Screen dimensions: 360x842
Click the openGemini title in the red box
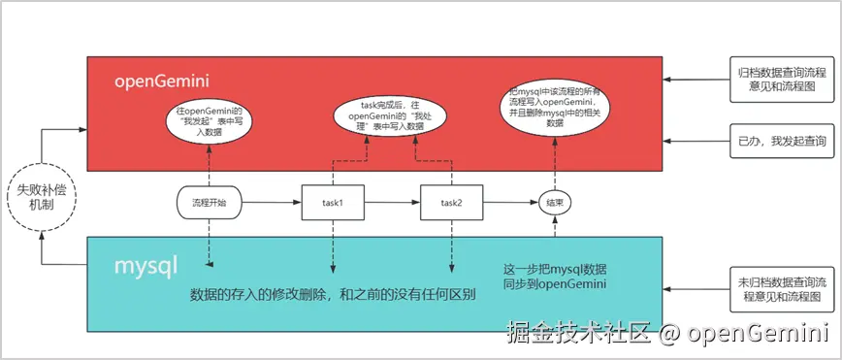pyautogui.click(x=162, y=80)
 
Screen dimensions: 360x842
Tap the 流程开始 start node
pyautogui.click(x=209, y=203)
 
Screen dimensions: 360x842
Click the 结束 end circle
pyautogui.click(x=554, y=203)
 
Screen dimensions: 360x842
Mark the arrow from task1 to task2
pyautogui.click(x=392, y=203)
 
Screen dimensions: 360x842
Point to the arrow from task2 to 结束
pyautogui.click(x=510, y=203)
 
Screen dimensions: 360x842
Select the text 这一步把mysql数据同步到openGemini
pyautogui.click(x=554, y=276)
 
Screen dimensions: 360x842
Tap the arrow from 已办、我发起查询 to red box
pyautogui.click(x=696, y=142)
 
